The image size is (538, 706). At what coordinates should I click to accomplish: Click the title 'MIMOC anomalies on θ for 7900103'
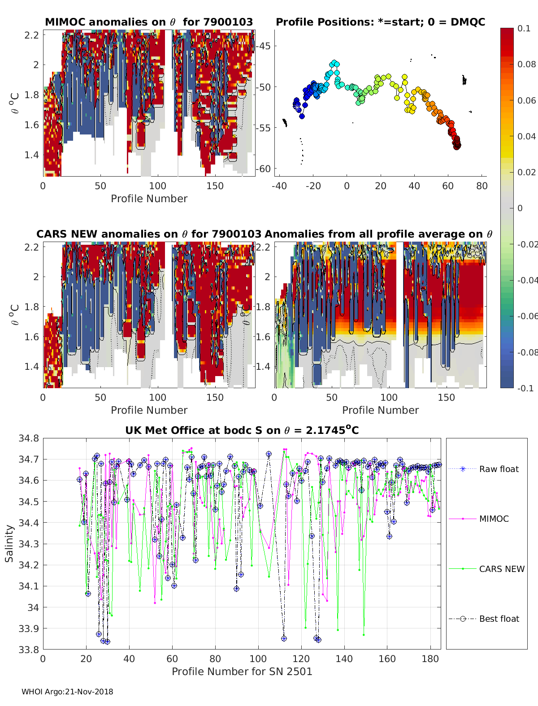pos(149,22)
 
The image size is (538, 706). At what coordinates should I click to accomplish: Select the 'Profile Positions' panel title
pos(380,22)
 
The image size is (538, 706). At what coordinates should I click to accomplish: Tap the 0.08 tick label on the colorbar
pos(526,64)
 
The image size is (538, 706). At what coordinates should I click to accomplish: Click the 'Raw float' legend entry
pos(499,469)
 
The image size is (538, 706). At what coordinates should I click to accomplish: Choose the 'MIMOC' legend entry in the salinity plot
pos(494,519)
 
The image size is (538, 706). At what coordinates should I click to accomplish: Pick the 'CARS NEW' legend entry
pos(501,569)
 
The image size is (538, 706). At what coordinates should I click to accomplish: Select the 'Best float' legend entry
pos(499,619)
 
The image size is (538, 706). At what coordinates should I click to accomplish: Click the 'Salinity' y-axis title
pos(9,543)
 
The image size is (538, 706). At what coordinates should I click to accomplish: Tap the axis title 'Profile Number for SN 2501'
pos(242,671)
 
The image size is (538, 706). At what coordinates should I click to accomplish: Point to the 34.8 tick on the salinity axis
pos(29,438)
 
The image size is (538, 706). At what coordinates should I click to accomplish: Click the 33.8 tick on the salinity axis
pos(29,649)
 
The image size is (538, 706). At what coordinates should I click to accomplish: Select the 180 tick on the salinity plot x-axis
pos(430,658)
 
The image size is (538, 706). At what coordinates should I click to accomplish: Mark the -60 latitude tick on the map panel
pos(263,169)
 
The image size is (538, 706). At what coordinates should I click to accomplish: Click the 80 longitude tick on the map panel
pos(482,186)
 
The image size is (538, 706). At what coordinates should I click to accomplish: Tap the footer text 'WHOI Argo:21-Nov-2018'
pos(67,692)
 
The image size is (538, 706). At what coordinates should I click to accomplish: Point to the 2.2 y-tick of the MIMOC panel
pos(31,35)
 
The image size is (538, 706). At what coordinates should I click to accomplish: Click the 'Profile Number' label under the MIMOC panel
pos(149,199)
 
